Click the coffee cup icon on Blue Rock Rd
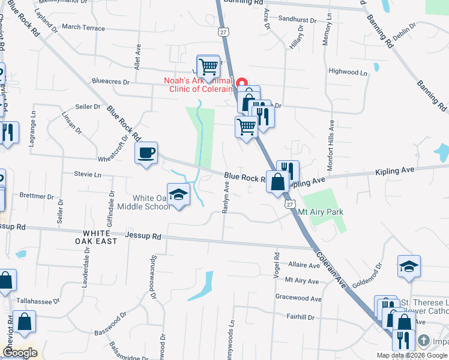click(x=146, y=153)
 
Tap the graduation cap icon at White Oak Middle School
click(x=178, y=194)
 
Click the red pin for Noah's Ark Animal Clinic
click(x=242, y=83)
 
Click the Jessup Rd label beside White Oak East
click(x=143, y=236)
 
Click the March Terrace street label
click(x=83, y=28)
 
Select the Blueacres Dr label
click(x=110, y=82)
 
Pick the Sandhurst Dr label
click(x=297, y=19)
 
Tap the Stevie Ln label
click(x=88, y=174)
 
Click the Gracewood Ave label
click(x=298, y=298)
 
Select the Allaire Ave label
click(x=304, y=265)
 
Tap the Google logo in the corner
click(x=20, y=353)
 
